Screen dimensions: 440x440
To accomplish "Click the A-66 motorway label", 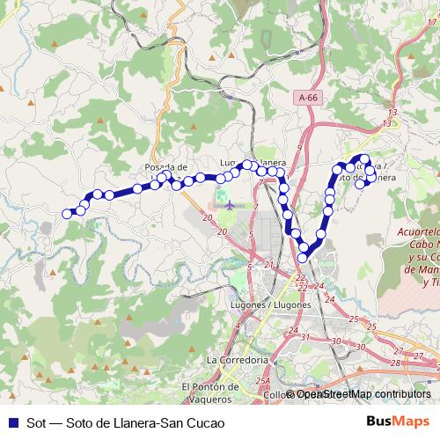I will (307, 100).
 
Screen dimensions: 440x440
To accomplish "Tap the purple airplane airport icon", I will (231, 204).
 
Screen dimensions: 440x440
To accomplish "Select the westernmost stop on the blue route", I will (67, 213).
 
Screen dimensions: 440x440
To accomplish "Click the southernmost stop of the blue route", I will (304, 257).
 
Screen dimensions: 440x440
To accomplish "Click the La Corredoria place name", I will (236, 360).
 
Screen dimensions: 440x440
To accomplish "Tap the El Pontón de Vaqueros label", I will (210, 392).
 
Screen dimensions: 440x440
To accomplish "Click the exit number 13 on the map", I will (392, 114).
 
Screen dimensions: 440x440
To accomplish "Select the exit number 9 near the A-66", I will (300, 147).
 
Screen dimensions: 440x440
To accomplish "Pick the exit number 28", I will (395, 363).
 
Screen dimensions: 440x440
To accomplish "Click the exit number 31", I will (304, 337).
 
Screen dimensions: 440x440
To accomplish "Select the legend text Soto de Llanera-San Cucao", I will (141, 422).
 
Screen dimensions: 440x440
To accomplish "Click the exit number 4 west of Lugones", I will (237, 325).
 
